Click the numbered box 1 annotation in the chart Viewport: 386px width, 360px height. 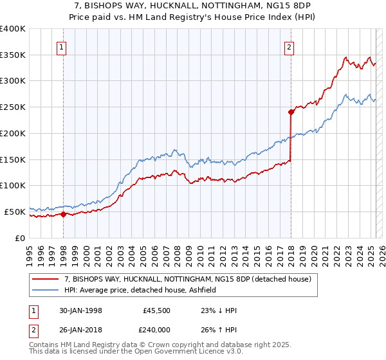(x=61, y=46)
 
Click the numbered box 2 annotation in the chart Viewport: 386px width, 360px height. (x=289, y=46)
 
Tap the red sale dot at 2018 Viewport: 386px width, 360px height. (x=291, y=112)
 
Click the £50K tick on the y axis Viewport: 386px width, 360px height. (x=15, y=211)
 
